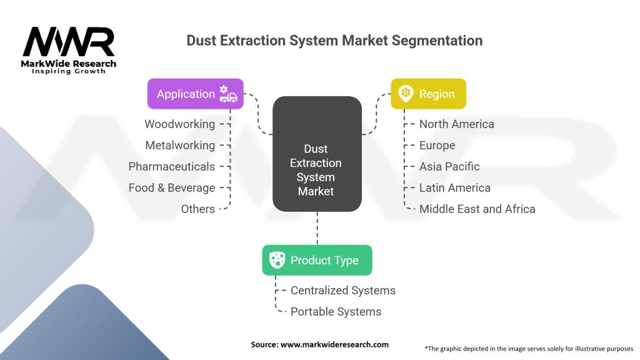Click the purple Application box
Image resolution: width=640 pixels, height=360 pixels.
tap(196, 94)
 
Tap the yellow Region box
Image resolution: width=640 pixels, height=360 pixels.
tap(428, 94)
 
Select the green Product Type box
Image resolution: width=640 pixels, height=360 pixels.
tap(317, 260)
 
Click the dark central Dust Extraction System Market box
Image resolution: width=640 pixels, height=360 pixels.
tap(317, 154)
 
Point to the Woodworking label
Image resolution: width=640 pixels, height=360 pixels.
tap(179, 124)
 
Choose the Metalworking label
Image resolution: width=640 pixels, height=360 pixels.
tap(180, 145)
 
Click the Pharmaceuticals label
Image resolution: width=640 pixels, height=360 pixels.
tap(171, 166)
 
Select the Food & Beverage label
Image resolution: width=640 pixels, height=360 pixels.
tap(171, 187)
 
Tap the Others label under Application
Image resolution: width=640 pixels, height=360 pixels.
tap(198, 209)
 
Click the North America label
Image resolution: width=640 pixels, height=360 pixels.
tap(457, 124)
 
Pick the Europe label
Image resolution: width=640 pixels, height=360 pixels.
tap(437, 145)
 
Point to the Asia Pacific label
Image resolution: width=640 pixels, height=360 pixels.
tap(449, 166)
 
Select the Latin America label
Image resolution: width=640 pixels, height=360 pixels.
tap(455, 187)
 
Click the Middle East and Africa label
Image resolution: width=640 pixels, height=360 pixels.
tap(477, 209)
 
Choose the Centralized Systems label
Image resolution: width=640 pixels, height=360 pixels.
tap(343, 291)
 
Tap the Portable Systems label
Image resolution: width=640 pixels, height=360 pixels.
tap(336, 312)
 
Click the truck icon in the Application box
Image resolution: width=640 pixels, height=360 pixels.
tap(228, 94)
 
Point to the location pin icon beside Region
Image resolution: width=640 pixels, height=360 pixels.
tap(406, 94)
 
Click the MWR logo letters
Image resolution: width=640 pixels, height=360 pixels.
tap(69, 42)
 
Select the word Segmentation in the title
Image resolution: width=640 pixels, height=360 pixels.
tap(437, 41)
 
